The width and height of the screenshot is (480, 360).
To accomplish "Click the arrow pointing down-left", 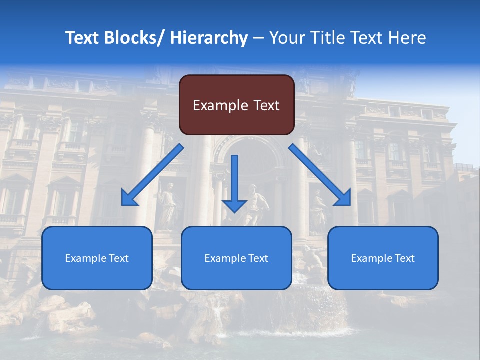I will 155,174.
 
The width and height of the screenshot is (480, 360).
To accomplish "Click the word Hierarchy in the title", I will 209,38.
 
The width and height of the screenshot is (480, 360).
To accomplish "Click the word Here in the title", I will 408,38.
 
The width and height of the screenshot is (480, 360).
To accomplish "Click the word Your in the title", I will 285,38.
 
